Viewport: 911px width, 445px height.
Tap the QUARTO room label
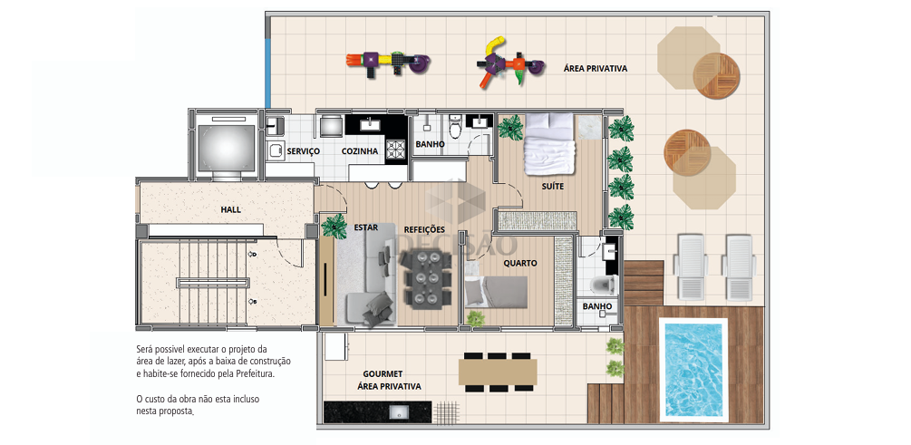(520, 263)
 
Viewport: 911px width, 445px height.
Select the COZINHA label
(360, 151)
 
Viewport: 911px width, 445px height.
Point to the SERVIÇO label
(304, 151)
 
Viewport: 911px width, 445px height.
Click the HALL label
(230, 209)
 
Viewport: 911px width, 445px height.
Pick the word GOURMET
(383, 373)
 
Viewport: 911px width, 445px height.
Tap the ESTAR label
(366, 227)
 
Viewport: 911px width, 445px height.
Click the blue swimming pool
(693, 367)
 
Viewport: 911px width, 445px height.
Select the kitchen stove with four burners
(396, 150)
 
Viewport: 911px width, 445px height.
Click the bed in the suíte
(548, 143)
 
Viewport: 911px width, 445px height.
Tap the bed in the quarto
(496, 291)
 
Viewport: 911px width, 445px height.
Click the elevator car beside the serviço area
(226, 148)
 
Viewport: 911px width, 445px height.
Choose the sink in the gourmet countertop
(399, 411)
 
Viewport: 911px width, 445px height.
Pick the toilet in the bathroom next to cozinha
(455, 126)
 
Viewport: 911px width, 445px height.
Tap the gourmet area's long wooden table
(498, 372)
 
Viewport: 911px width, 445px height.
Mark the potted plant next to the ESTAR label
(334, 226)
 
